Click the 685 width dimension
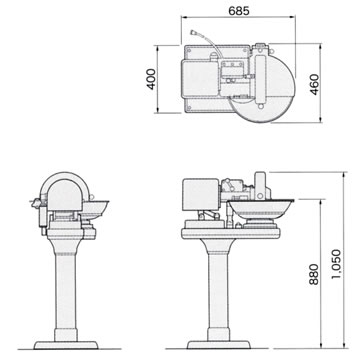[x=239, y=11]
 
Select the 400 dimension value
[x=151, y=79]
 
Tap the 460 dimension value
[x=315, y=84]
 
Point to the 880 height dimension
[x=313, y=274]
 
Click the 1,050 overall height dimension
[x=337, y=264]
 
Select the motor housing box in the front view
[x=201, y=195]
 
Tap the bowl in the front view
[x=261, y=208]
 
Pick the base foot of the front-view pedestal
[x=219, y=344]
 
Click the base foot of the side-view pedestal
[x=66, y=345]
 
